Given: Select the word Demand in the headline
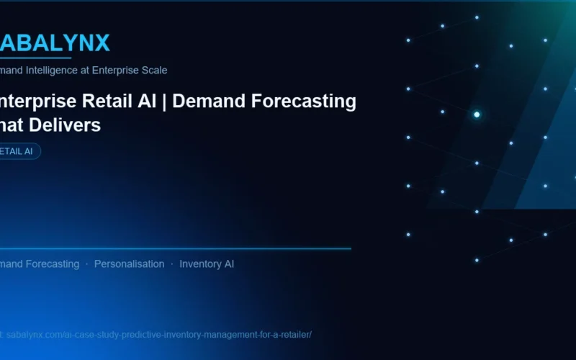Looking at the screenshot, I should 205,102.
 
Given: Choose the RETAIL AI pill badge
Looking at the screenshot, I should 19,151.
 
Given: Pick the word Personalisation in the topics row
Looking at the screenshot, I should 129,264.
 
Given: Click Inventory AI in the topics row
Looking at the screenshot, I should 207,264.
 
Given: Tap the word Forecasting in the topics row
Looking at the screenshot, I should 53,264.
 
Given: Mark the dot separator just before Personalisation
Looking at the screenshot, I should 87,264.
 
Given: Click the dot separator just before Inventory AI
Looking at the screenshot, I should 172,264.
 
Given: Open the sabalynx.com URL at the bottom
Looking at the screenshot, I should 158,335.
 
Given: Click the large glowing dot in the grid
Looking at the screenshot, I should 477,114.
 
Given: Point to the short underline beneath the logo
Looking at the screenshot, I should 36,58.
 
